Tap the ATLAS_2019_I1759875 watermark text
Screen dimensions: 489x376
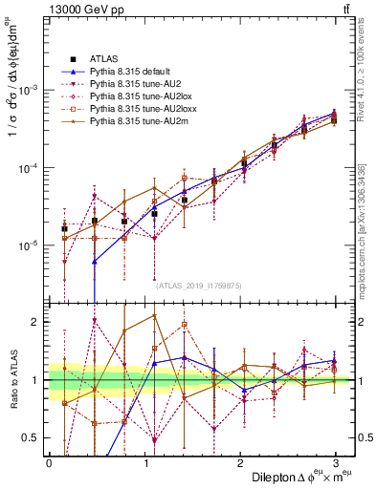tap(199, 286)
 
